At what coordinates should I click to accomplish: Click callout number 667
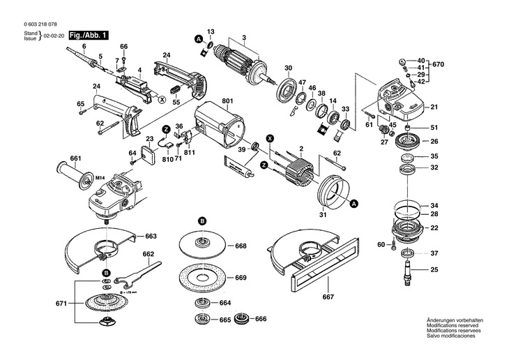point(327,297)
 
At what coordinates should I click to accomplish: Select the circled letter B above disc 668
point(202,220)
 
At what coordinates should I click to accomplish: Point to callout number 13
point(211,33)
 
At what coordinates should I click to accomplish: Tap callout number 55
point(176,102)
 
